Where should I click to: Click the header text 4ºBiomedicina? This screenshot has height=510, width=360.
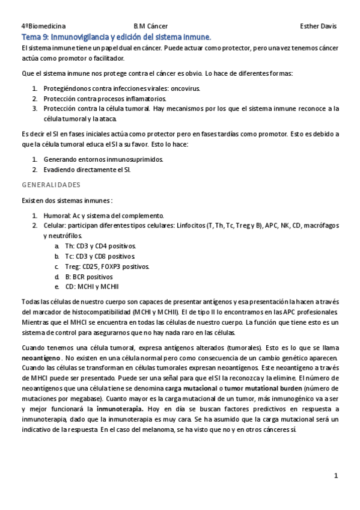43,26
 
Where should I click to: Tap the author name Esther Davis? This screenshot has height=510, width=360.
318,26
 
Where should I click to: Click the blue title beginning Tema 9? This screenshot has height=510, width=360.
116,37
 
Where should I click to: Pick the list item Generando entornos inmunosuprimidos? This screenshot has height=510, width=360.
103,159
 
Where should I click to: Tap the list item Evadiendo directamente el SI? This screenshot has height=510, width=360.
87,170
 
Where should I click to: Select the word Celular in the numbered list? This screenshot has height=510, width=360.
54,226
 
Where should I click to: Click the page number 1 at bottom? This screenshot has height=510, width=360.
337,476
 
